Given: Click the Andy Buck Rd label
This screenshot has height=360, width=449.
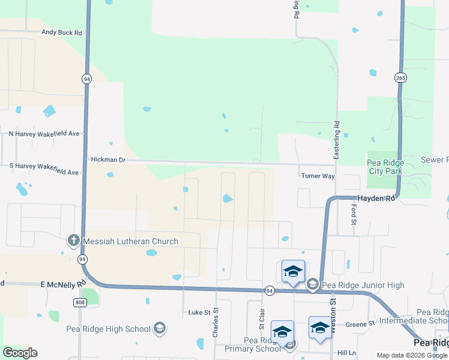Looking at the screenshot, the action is [x=61, y=33].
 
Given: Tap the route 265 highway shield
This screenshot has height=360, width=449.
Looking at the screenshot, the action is [x=401, y=77].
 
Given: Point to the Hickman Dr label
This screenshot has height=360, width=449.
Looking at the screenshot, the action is [x=108, y=160].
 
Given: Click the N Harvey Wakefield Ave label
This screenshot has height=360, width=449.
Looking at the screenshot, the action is [x=44, y=133].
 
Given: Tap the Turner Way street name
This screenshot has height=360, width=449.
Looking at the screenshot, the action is [x=317, y=176].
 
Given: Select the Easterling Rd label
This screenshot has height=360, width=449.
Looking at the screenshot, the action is [x=337, y=140].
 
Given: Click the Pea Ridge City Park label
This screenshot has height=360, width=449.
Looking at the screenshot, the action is [x=385, y=167].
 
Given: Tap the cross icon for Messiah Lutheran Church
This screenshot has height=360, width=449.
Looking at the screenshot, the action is [x=73, y=241].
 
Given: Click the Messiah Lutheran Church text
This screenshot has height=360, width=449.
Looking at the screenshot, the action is [x=130, y=241].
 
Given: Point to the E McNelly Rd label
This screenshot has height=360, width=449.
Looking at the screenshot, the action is [x=63, y=283].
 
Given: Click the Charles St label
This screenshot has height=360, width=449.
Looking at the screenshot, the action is [x=215, y=323].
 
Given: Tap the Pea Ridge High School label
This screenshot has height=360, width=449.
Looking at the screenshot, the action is [x=109, y=328].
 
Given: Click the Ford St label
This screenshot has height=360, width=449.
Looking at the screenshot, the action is [x=354, y=211].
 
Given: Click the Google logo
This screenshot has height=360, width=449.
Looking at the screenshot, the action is [x=20, y=353].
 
